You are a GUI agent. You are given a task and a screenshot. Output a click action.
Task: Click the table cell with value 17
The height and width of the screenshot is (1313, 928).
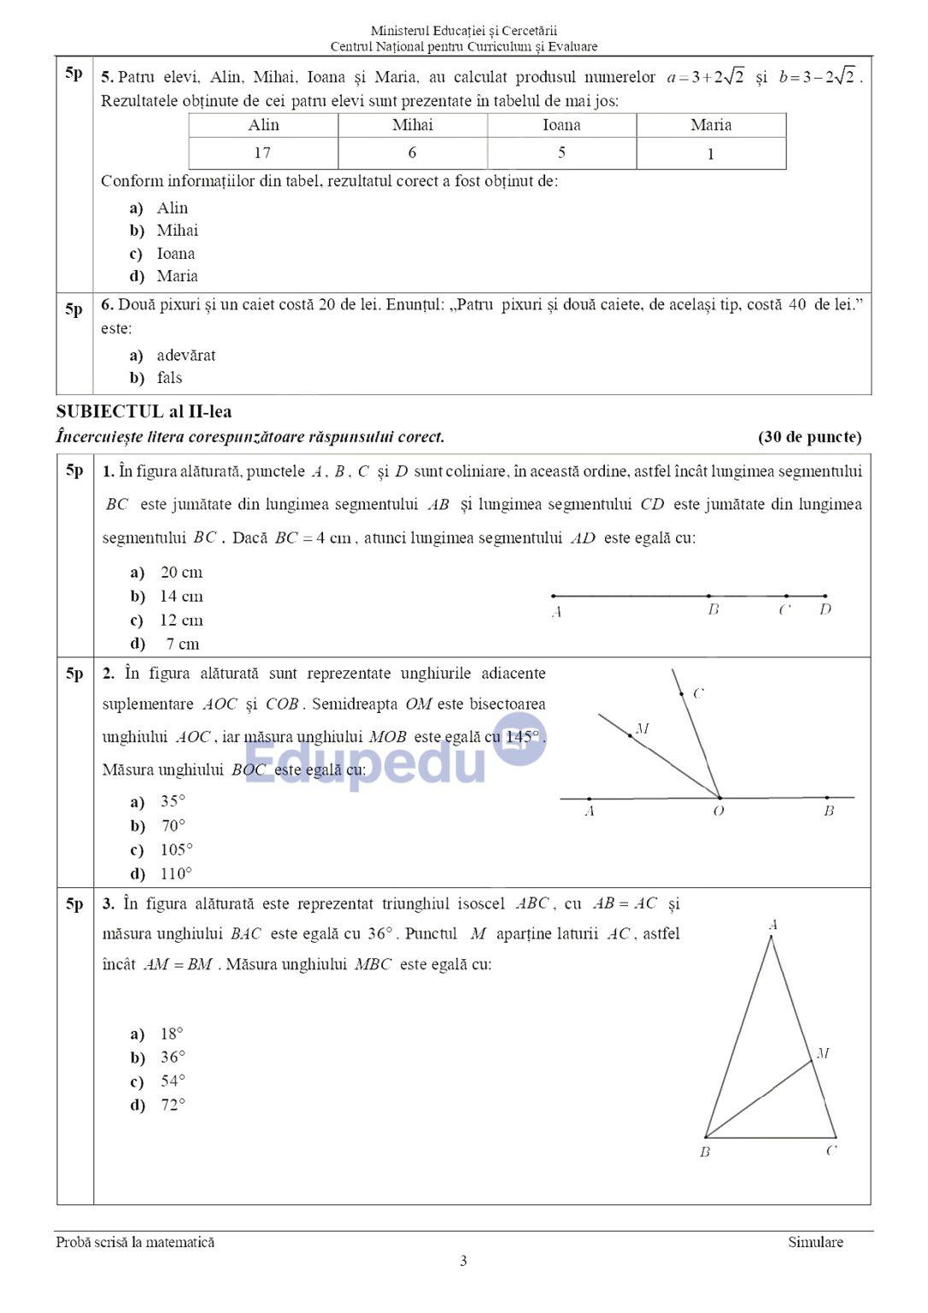click(x=262, y=153)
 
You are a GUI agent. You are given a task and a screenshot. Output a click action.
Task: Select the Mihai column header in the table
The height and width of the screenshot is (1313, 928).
click(x=412, y=125)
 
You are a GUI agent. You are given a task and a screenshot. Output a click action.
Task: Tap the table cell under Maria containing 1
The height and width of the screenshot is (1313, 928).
click(x=710, y=155)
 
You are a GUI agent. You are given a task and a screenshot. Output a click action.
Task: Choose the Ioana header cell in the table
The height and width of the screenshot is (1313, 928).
click(x=561, y=125)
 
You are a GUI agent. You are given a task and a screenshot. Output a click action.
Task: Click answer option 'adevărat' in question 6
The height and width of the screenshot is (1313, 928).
click(x=185, y=355)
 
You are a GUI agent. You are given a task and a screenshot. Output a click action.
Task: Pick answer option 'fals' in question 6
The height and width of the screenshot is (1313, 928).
click(x=169, y=378)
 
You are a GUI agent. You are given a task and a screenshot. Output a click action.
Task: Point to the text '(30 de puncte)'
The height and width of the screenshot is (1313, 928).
click(x=809, y=437)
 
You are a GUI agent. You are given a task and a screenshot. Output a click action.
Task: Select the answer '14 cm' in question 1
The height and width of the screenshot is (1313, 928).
click(x=180, y=597)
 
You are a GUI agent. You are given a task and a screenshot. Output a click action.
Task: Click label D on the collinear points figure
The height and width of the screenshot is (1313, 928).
click(x=825, y=610)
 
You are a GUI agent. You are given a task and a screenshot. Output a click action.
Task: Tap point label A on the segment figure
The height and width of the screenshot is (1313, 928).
click(x=556, y=612)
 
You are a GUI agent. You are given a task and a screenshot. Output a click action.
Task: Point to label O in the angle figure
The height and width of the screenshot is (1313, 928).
click(x=719, y=811)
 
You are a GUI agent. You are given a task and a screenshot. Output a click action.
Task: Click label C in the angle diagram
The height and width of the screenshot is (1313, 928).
click(x=698, y=693)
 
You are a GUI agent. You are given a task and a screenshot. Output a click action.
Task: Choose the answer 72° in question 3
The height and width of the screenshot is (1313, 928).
click(x=173, y=1105)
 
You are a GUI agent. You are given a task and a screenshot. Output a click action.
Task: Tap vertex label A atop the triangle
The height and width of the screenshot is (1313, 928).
click(x=772, y=924)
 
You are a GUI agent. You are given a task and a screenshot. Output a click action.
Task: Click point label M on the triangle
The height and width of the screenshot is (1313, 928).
click(x=823, y=1053)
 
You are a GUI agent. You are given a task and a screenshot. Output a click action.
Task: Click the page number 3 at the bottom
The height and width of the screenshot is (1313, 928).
click(x=463, y=1261)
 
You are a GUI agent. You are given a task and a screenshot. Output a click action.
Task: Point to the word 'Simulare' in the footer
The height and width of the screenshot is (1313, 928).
click(x=815, y=1242)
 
